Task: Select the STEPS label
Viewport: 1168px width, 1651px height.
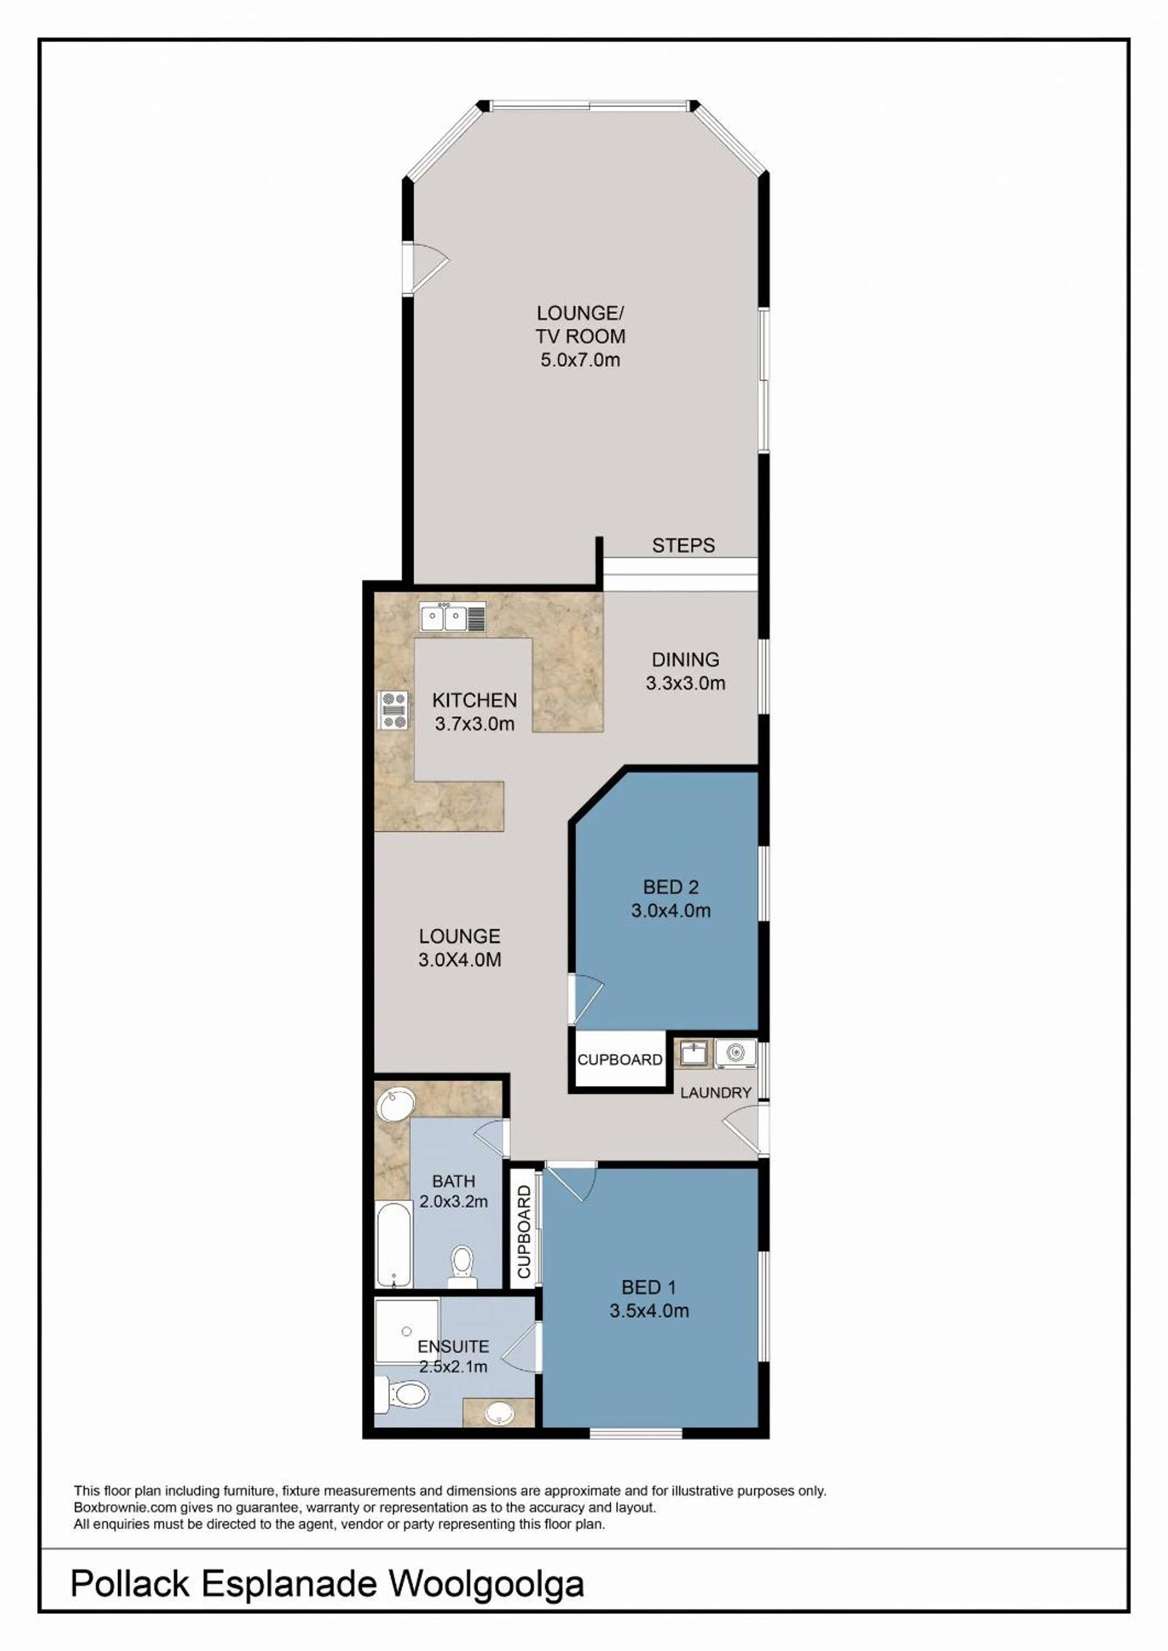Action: (683, 546)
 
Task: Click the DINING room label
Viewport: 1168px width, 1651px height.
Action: (686, 659)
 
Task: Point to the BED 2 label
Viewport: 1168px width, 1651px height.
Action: (671, 888)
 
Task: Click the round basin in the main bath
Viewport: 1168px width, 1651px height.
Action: (396, 1107)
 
